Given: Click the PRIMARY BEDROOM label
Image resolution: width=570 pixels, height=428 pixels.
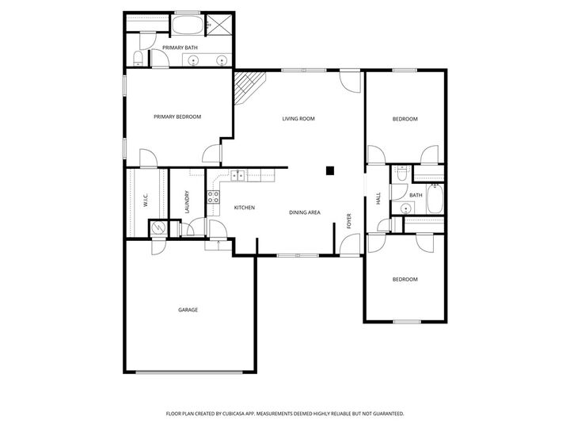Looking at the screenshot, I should point(177,117).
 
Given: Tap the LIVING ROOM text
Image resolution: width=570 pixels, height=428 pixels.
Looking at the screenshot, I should point(298,119).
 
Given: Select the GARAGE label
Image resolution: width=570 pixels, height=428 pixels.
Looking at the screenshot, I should point(188,310).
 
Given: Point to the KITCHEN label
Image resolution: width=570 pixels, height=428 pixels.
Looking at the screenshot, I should point(244,208).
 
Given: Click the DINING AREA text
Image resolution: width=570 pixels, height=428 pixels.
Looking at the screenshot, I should point(304,212).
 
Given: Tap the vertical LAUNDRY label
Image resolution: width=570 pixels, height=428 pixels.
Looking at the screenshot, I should point(187,202).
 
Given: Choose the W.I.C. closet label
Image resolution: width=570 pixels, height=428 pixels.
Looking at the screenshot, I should point(146,202).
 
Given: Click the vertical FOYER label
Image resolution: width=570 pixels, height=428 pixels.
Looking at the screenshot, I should point(348,221).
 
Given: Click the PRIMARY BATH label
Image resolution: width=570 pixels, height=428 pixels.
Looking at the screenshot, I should point(180,48).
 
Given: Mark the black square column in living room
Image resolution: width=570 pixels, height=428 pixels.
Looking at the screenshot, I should point(330,169).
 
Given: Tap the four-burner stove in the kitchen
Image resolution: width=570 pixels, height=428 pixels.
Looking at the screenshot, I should point(213,197).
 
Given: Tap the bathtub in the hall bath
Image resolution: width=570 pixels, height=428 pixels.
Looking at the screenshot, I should point(435,201).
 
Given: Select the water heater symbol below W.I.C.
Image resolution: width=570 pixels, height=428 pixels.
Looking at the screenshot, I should point(158,227).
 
